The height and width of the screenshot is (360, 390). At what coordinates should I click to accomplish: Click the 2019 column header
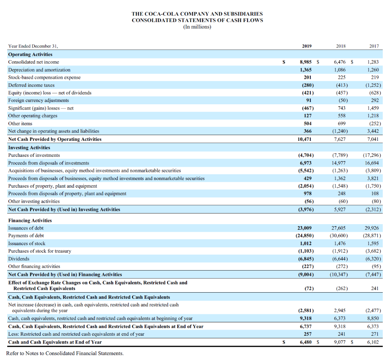(307, 46)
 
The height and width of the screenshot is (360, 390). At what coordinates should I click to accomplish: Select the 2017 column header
(374, 46)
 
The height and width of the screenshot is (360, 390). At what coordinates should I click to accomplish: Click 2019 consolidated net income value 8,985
(307, 62)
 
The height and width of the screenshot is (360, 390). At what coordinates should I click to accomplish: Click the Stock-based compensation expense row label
(44, 78)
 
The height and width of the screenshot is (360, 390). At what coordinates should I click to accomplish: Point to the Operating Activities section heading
(30, 54)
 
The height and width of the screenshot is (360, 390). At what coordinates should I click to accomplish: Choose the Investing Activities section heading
(29, 148)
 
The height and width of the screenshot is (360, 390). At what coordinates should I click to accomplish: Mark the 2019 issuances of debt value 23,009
(305, 228)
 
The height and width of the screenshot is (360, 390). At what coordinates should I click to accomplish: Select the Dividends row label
(19, 259)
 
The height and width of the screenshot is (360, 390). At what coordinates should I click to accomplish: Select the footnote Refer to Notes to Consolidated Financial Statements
(65, 354)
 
